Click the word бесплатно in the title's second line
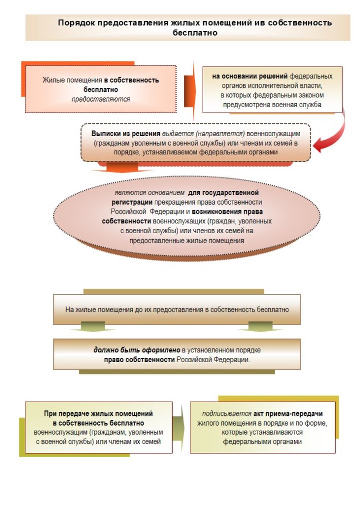195,32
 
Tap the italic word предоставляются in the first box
101,99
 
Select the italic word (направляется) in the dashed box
220,133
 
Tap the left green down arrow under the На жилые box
87,329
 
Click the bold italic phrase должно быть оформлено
137,350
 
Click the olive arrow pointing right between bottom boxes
178,427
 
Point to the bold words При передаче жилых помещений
98,414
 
